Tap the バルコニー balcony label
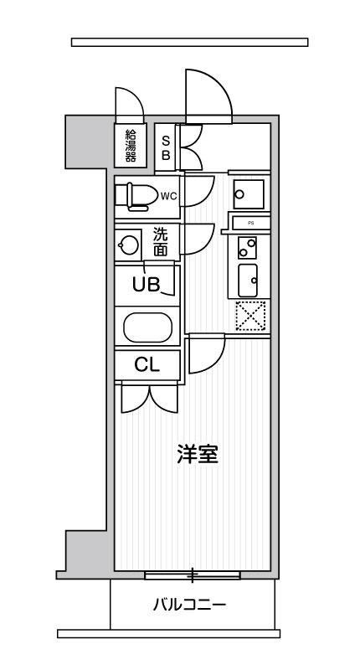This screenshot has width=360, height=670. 188,605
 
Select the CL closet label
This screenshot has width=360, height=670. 147,364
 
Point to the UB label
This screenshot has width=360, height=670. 146,284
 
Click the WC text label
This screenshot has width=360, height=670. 169,196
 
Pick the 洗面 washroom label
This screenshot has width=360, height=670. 160,242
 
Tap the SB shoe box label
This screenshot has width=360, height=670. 166,147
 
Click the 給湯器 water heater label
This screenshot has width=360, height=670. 131,145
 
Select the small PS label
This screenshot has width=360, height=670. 249,223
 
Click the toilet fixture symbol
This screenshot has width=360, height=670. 136,197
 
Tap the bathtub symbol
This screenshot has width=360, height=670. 147,327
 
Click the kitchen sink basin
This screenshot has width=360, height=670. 248,281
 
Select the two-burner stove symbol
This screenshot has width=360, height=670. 248,247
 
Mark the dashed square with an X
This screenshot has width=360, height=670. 250,316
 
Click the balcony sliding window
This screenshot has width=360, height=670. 193,575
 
